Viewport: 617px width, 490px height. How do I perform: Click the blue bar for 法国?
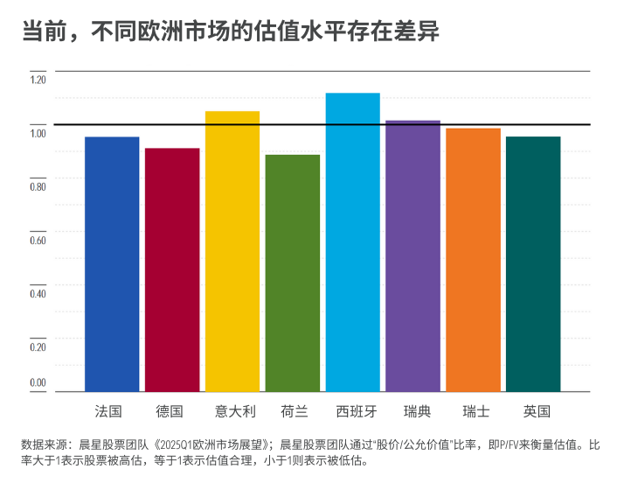coord(112,264)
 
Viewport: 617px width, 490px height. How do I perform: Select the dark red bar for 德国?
coord(172,269)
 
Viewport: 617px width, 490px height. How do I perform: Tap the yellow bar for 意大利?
coord(232,252)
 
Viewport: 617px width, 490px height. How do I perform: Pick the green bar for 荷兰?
coord(293,273)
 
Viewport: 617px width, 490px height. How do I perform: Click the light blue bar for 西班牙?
coord(353,242)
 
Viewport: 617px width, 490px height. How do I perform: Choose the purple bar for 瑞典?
coord(413,256)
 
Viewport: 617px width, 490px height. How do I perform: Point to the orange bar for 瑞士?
coord(474,260)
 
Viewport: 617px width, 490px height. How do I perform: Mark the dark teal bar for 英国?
coord(533,264)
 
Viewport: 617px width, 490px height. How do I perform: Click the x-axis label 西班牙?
coord(357,411)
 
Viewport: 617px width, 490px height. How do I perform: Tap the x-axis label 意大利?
coord(235,411)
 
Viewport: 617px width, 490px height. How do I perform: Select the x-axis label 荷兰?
coord(295,411)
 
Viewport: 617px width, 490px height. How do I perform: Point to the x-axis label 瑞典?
coord(417,411)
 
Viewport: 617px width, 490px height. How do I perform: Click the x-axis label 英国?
coord(537,411)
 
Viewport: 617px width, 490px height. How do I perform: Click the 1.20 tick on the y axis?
coord(38,80)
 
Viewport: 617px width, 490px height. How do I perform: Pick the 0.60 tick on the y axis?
coord(38,240)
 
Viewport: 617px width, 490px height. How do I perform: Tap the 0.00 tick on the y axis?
coord(38,382)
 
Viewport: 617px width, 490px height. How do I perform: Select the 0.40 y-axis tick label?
coord(38,293)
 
